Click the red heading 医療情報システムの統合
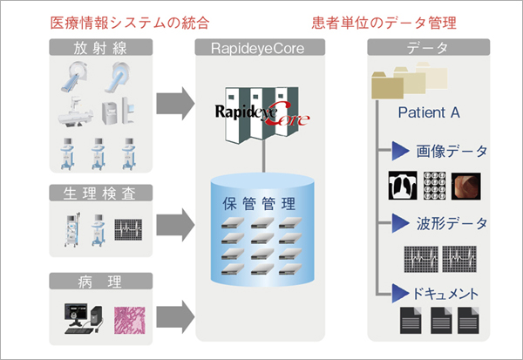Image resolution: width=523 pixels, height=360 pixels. pos(130,21)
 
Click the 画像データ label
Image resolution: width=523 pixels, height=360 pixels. pos(449,152)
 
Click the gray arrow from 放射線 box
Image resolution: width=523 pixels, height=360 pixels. pos(173,102)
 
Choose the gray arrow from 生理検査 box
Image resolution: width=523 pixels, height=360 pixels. pos(173,224)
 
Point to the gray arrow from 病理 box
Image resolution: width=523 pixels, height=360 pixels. pos(173,312)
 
